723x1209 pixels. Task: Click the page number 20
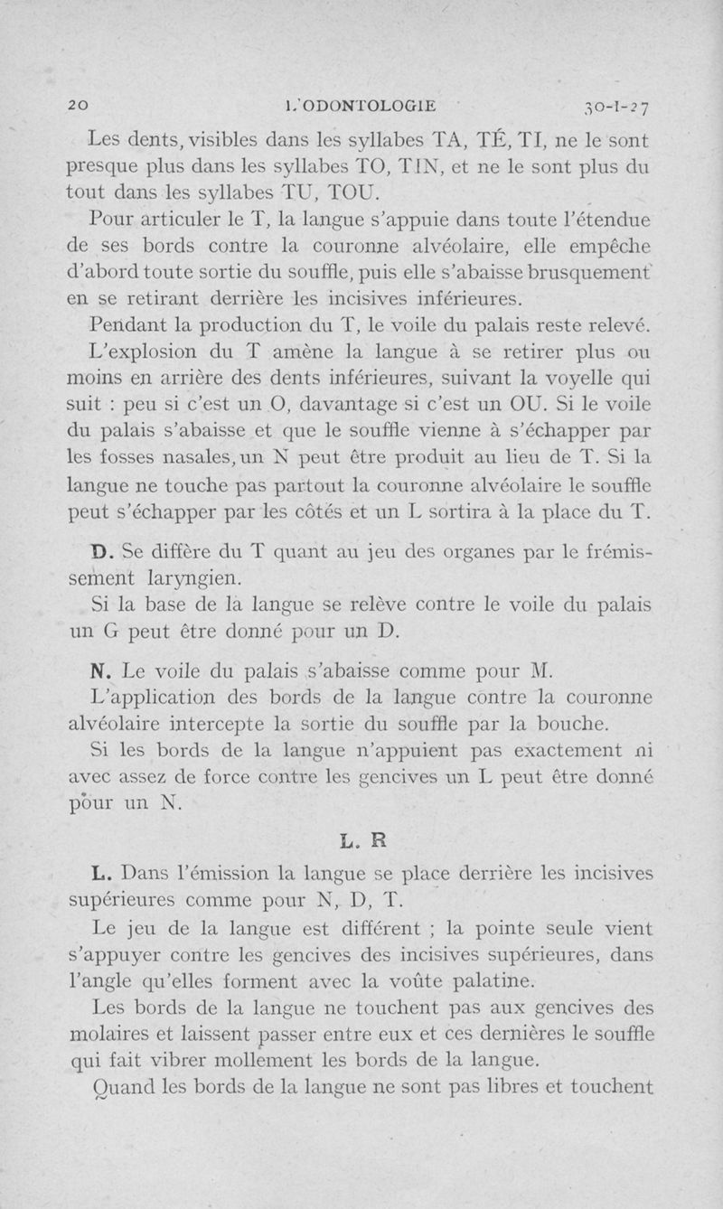click(x=80, y=105)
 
